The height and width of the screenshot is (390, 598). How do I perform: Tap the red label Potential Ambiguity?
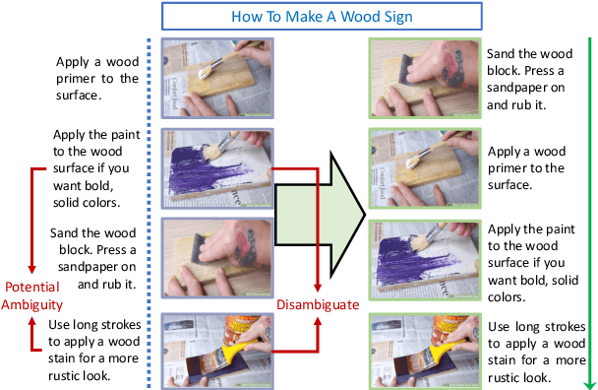pos(33,295)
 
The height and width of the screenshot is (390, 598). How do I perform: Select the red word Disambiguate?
pos(317,304)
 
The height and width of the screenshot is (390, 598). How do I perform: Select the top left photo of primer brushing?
pos(216,79)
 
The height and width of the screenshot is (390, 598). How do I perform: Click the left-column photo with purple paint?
pos(216,168)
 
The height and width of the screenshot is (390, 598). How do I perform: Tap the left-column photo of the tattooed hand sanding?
pos(216,258)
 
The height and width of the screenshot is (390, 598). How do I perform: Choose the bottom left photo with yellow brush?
pos(216,348)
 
